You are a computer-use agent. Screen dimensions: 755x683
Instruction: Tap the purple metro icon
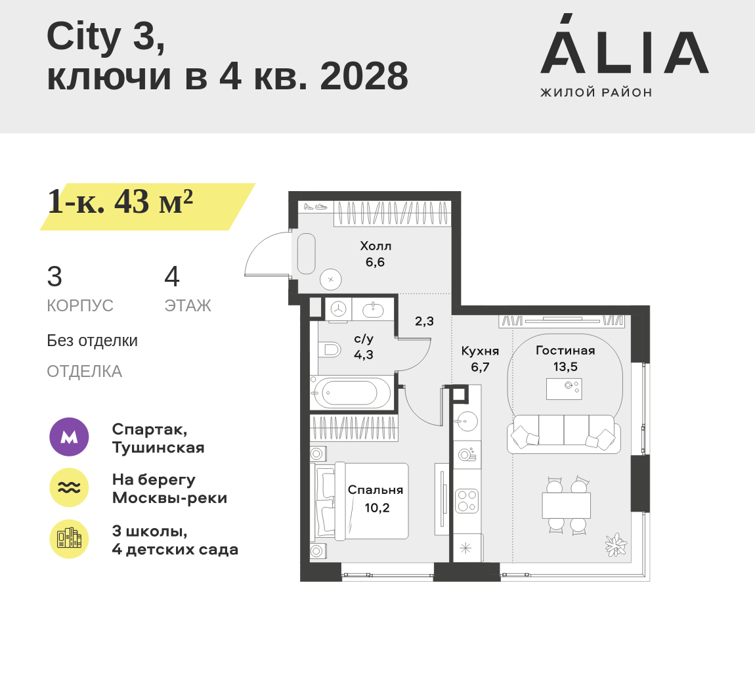(x=70, y=437)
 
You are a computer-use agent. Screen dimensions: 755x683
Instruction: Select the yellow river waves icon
(x=70, y=487)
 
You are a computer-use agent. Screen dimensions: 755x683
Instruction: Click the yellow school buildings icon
(x=70, y=539)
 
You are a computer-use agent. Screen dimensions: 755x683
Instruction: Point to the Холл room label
(x=376, y=246)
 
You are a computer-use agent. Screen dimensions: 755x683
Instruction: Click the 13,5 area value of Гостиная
(x=565, y=367)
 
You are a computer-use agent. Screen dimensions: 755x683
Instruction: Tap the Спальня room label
(x=376, y=490)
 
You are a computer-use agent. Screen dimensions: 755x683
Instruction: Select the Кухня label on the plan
(x=480, y=351)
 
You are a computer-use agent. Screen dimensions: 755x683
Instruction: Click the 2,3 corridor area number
(x=424, y=321)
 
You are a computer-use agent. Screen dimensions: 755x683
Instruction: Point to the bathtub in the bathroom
(x=351, y=393)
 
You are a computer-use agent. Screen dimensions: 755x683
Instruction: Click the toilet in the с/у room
(x=330, y=349)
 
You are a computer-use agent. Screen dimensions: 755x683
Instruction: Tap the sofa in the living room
(x=563, y=434)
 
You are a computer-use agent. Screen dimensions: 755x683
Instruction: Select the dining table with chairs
(x=566, y=505)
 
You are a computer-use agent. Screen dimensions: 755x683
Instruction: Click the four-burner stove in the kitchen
(x=467, y=501)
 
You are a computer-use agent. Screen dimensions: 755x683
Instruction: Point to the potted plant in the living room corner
(x=616, y=545)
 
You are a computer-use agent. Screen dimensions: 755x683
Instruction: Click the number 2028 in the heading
(x=364, y=76)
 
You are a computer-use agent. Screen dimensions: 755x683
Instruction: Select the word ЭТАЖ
(x=188, y=306)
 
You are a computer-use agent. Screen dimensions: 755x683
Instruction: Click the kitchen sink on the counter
(x=465, y=422)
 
